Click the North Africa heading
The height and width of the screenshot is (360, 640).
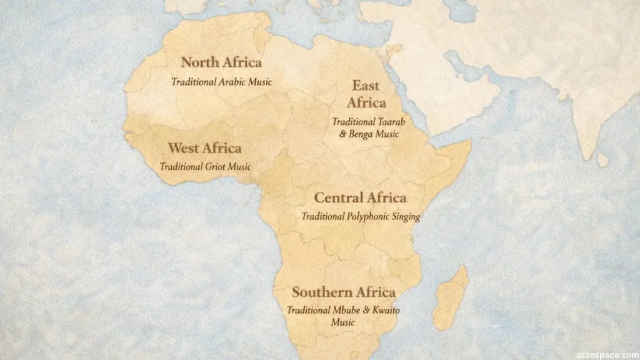pyautogui.click(x=221, y=62)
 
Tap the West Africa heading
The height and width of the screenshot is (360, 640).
pyautogui.click(x=204, y=149)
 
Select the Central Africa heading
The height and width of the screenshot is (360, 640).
pyautogui.click(x=360, y=198)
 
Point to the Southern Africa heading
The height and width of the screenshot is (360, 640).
pyautogui.click(x=343, y=292)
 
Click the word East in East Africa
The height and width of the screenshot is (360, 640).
pyautogui.click(x=366, y=86)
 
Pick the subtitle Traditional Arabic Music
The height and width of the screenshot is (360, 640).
pyautogui.click(x=221, y=82)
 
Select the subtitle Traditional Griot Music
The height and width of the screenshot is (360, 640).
pyautogui.click(x=205, y=167)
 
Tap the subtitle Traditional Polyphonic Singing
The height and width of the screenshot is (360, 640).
pyautogui.click(x=361, y=217)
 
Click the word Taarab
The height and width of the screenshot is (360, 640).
pyautogui.click(x=386, y=122)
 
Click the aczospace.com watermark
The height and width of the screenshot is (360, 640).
pyautogui.click(x=603, y=352)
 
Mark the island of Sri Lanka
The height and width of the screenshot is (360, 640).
pyautogui.click(x=602, y=160)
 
